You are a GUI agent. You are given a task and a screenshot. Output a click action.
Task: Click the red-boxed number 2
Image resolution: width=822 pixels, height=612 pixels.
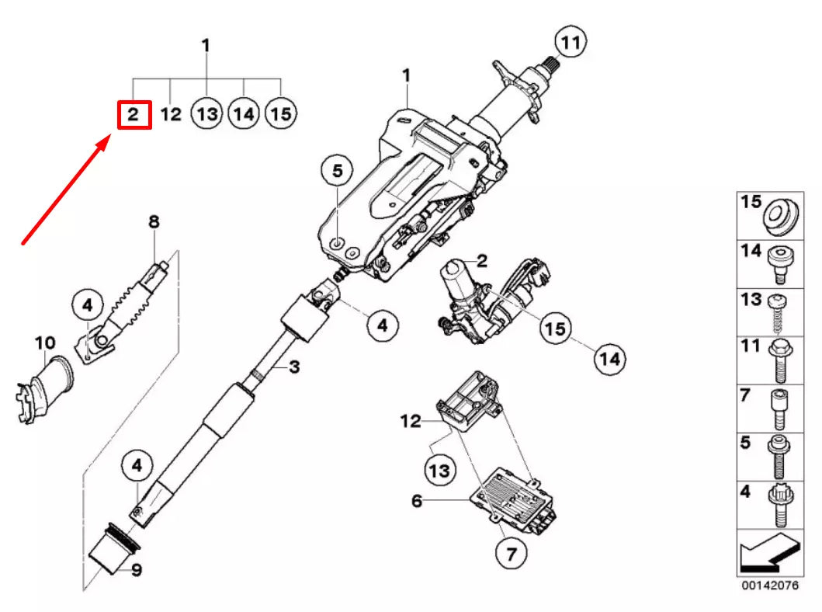point(133,115)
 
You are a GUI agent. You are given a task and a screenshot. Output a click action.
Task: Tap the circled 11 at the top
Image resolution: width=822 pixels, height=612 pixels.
point(571,43)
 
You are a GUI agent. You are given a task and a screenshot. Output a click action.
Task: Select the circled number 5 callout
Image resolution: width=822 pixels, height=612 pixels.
point(337,171)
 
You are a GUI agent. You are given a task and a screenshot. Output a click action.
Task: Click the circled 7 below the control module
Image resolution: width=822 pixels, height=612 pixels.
point(511,553)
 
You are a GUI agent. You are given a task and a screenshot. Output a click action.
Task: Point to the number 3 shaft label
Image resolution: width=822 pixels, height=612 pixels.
point(293,367)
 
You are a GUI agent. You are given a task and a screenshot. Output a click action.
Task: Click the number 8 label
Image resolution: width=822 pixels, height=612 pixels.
point(154,222)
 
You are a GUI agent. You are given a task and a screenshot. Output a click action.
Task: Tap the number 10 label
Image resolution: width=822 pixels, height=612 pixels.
point(45,342)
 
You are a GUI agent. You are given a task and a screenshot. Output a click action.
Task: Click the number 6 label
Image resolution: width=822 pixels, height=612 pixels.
point(417,502)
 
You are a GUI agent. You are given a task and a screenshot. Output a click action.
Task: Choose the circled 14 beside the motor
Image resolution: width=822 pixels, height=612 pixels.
point(609,359)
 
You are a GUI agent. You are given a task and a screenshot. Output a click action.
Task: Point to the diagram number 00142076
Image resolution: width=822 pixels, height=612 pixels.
point(768,585)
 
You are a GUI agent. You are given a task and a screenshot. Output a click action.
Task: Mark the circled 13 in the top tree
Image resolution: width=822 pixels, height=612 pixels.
point(206,115)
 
